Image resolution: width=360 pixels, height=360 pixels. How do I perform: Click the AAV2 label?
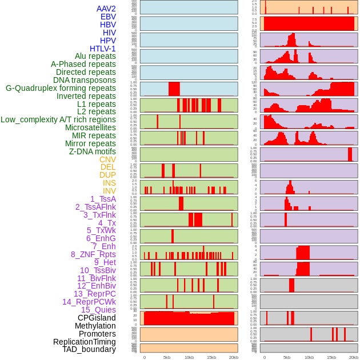coord(106,9)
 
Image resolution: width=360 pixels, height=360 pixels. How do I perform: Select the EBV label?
coord(108,17)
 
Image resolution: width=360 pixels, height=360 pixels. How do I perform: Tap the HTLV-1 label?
coord(102,49)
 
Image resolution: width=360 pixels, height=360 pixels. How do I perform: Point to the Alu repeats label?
coord(95,56)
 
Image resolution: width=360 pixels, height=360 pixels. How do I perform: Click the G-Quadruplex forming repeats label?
coord(61,88)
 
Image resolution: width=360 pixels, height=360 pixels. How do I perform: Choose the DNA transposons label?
coord(85,80)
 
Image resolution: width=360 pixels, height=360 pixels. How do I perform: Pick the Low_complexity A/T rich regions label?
coord(58,119)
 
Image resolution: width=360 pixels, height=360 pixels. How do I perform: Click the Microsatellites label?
coord(90,127)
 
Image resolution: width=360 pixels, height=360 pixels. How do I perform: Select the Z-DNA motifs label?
coord(92,151)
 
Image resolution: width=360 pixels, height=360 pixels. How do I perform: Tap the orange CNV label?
coord(107,159)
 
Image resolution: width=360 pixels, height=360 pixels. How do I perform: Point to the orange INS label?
coord(109,183)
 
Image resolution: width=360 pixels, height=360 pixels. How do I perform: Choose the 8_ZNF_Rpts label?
coord(93,254)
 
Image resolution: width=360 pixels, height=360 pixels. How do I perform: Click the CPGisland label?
coord(97,318)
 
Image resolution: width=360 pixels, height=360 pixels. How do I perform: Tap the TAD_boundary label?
coord(89,349)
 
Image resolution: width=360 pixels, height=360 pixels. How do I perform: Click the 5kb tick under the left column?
coord(167,357)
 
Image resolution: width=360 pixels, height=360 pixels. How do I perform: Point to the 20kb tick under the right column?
coord(354,357)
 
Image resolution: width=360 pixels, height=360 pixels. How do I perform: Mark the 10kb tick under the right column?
coord(309,357)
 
